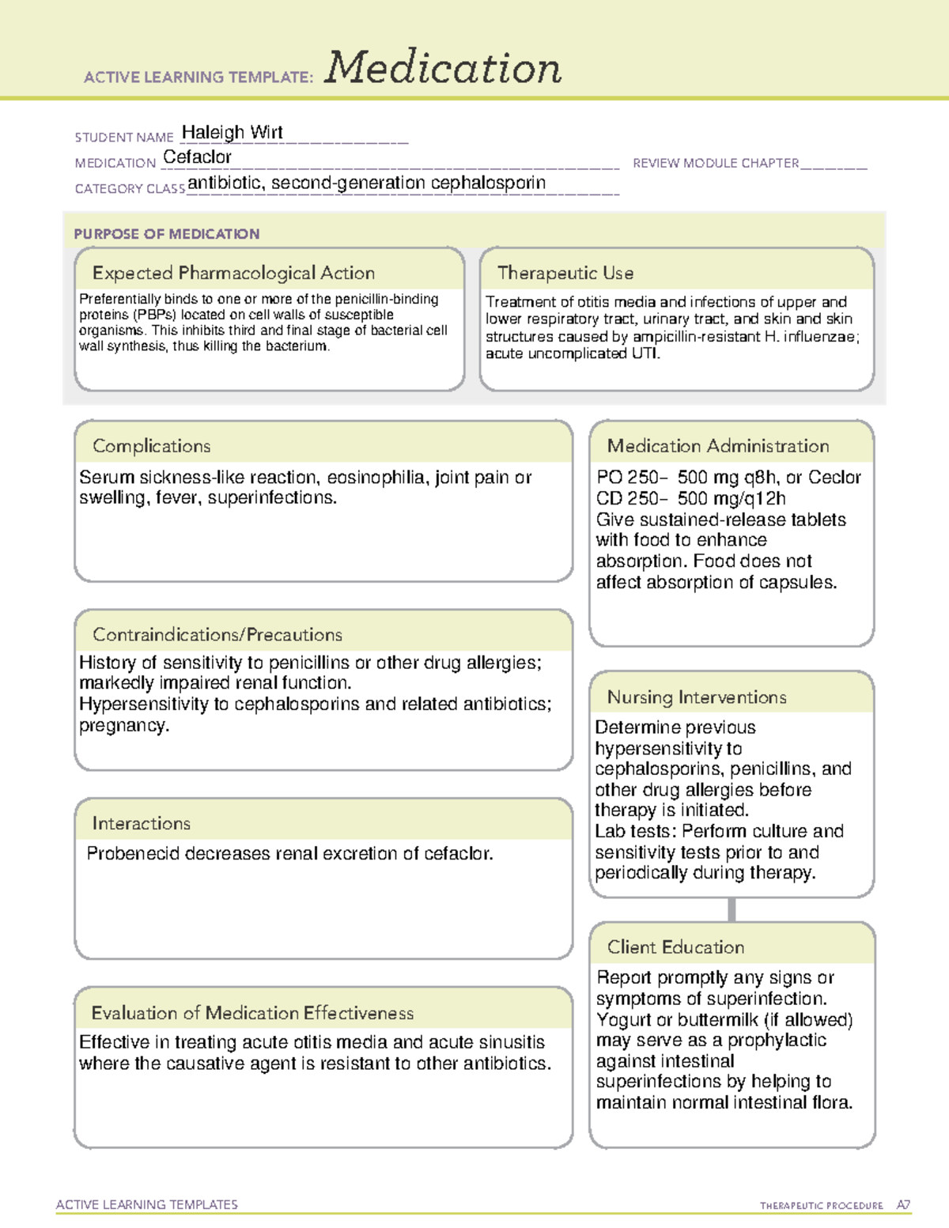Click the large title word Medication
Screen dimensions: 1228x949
click(443, 68)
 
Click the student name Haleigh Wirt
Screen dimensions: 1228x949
click(232, 133)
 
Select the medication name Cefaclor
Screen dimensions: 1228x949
click(197, 157)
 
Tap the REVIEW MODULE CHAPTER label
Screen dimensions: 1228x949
click(715, 163)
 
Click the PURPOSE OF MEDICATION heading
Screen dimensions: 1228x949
click(166, 234)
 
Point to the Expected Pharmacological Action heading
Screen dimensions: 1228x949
click(233, 273)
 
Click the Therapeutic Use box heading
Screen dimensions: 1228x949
click(565, 273)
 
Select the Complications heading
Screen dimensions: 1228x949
click(151, 446)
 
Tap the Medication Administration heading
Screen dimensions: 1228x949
click(717, 446)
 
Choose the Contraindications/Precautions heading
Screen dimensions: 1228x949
click(217, 634)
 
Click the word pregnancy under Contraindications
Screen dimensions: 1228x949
click(123, 726)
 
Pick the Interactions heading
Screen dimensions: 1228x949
click(141, 823)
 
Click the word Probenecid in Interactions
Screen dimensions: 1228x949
click(127, 854)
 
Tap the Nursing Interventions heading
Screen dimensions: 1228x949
click(696, 697)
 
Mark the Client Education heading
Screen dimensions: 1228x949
click(675, 947)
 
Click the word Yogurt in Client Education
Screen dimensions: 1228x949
click(622, 1020)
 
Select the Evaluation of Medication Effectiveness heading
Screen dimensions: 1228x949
click(252, 1013)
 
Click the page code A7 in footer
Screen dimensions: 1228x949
click(903, 1205)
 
